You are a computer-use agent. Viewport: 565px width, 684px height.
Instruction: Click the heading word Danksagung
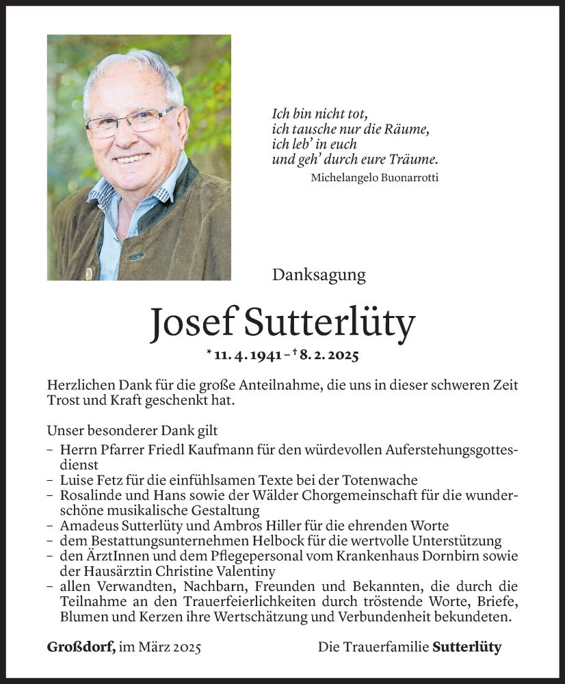pyautogui.click(x=319, y=275)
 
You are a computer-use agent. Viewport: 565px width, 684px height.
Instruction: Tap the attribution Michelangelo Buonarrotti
pyautogui.click(x=374, y=178)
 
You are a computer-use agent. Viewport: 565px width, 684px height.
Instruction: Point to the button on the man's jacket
pyautogui.click(x=88, y=273)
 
